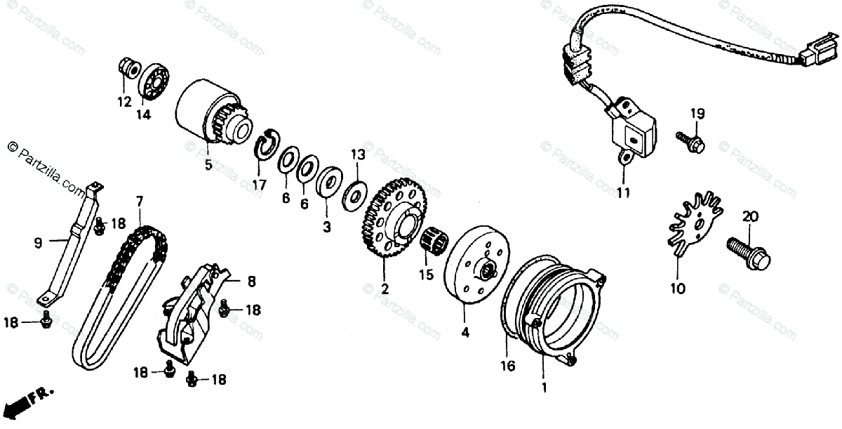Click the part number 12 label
pyautogui.click(x=124, y=102)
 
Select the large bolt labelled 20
pyautogui.click(x=750, y=251)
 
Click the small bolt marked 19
pyautogui.click(x=690, y=140)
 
